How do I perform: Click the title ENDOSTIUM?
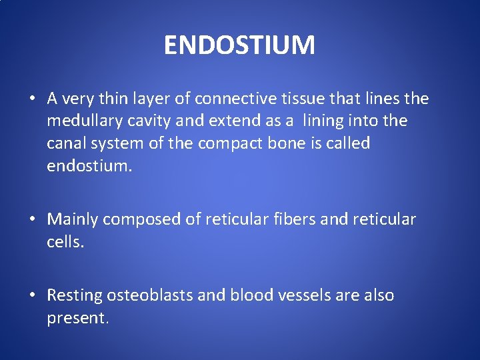[x=239, y=45]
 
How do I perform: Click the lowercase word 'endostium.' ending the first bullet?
[x=89, y=165]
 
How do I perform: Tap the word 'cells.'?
[x=65, y=241]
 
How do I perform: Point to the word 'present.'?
[x=77, y=318]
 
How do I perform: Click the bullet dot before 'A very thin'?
[x=32, y=100]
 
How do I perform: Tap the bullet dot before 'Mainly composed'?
[x=32, y=220]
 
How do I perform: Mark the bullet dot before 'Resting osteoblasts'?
[x=32, y=296]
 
